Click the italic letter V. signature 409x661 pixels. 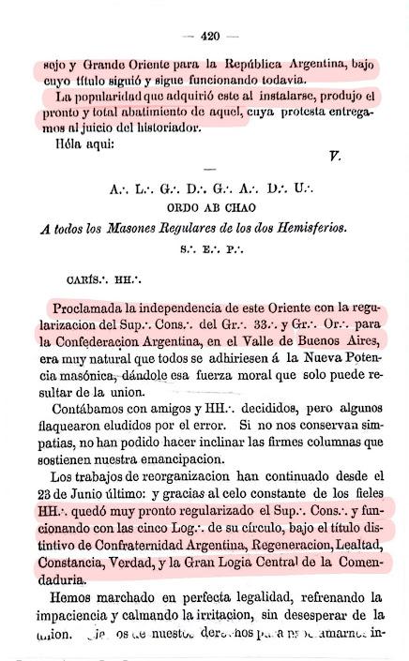[334, 156]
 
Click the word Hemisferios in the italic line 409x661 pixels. [307, 228]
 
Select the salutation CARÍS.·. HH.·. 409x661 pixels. [103, 279]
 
